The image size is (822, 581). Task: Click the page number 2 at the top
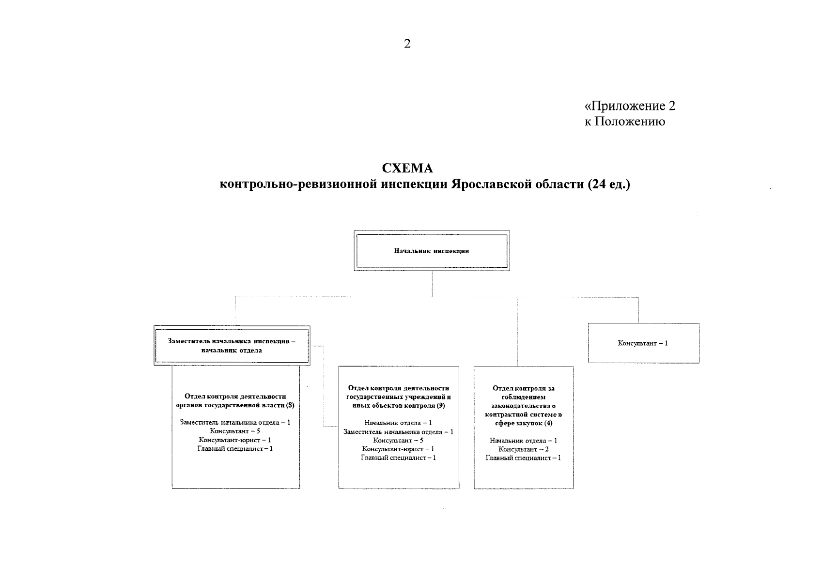(407, 44)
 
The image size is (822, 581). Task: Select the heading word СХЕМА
(407, 168)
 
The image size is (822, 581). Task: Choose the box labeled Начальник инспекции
(431, 251)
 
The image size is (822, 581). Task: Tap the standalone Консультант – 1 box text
(643, 343)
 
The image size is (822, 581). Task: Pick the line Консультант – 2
(524, 449)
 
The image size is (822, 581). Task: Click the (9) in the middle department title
(440, 405)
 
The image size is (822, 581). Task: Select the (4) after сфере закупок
(548, 423)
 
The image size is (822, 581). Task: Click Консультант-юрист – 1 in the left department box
(235, 440)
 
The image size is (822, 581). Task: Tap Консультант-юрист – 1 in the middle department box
(398, 449)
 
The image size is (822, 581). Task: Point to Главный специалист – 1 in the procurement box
(523, 458)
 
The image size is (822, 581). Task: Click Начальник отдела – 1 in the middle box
(398, 423)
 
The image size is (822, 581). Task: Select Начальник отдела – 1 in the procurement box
(523, 441)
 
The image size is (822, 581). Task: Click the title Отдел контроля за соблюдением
(524, 392)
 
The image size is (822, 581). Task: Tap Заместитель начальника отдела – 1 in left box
(235, 422)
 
